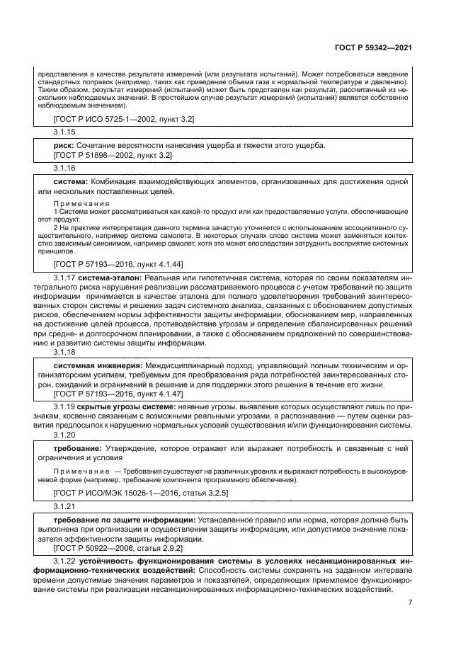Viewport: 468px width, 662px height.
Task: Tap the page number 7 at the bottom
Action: coord(411,603)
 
